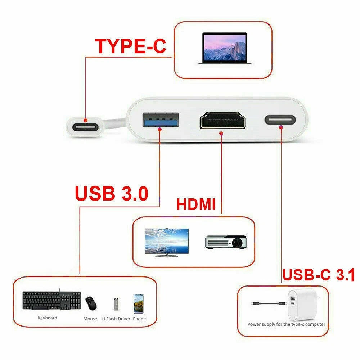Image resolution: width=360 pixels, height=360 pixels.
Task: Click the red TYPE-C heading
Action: click(131, 46)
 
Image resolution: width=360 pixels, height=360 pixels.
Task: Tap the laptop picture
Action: click(225, 48)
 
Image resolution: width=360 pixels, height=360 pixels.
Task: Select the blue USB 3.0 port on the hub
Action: click(161, 120)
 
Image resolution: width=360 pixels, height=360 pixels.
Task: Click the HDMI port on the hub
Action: click(222, 120)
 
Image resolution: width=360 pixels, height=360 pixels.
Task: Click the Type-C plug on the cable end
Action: click(85, 127)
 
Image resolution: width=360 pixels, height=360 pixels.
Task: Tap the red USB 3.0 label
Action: click(112, 193)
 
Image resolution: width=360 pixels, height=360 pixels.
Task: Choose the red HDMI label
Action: click(196, 204)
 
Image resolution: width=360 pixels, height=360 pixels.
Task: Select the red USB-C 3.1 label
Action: click(319, 275)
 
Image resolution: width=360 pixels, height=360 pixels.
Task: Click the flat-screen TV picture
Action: click(167, 242)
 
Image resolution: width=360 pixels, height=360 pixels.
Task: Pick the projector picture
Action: click(226, 242)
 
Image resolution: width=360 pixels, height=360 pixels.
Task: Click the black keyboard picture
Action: click(51, 300)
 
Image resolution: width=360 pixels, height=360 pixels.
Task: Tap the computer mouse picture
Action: click(91, 303)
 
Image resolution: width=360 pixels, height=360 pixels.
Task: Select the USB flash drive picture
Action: click(116, 304)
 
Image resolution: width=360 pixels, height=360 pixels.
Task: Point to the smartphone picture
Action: click(139, 303)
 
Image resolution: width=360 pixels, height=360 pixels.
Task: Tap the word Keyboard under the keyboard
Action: click(48, 318)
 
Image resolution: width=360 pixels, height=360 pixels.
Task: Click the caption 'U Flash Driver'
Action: click(116, 319)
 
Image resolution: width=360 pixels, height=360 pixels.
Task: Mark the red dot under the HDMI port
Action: click(221, 133)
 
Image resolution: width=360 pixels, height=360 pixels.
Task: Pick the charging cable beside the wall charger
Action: click(269, 303)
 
